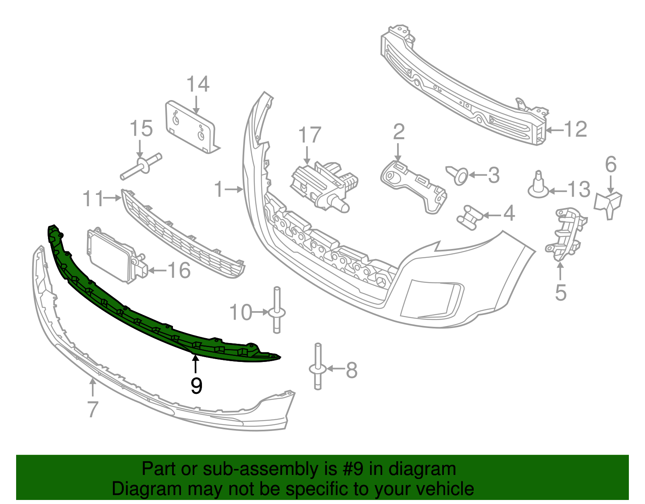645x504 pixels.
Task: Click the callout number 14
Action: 198,84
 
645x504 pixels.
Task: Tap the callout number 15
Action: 141,129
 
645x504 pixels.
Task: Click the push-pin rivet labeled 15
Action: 141,166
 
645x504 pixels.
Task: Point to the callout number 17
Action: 310,135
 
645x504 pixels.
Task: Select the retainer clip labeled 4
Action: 469,217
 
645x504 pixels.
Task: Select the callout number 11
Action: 93,199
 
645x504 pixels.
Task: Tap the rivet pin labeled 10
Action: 277,311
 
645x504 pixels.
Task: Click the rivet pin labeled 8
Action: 318,368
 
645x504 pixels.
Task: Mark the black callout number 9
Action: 196,386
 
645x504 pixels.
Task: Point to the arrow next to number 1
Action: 234,188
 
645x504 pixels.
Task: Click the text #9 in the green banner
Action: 352,469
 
